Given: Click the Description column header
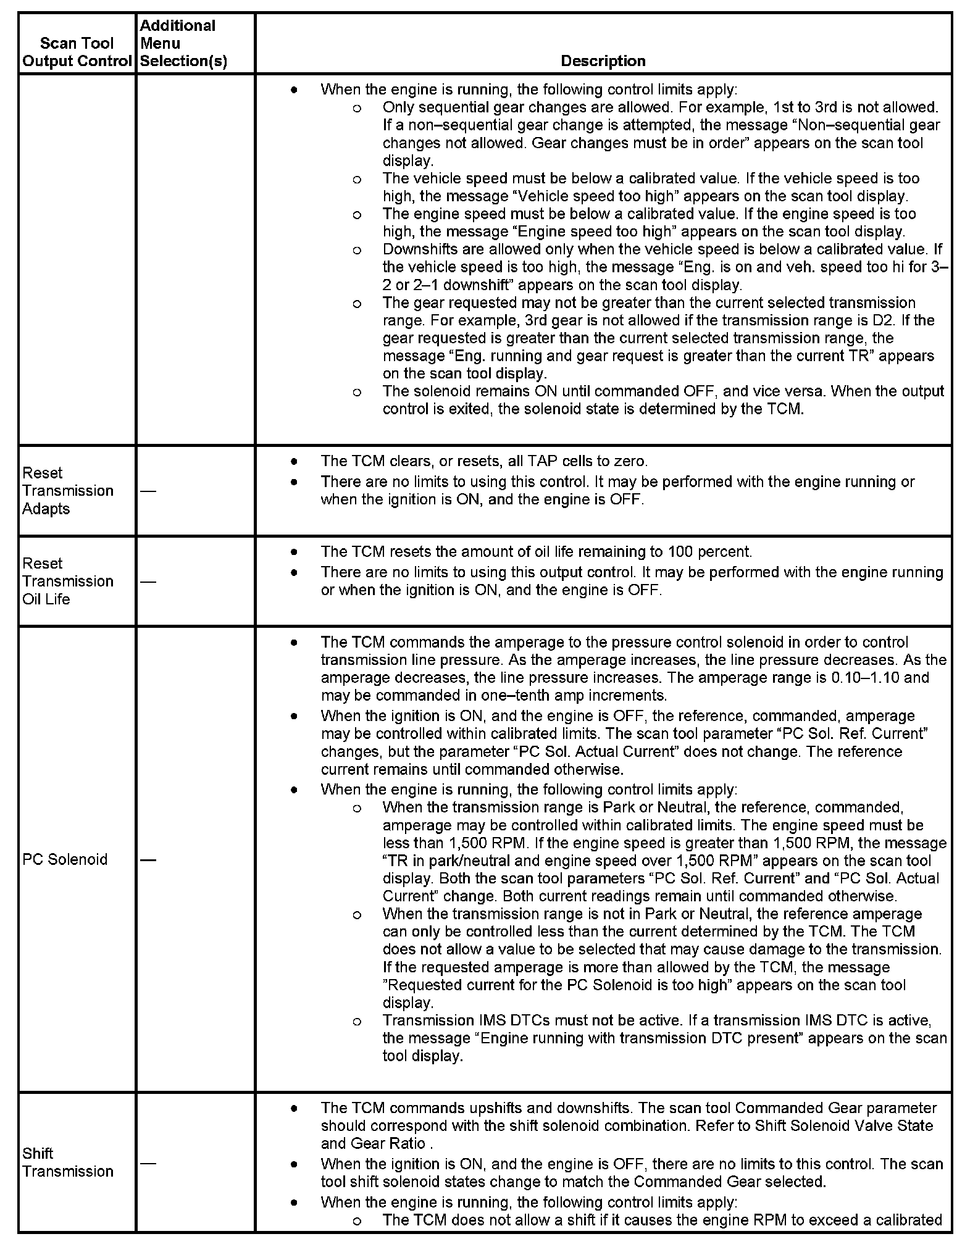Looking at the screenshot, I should (603, 61).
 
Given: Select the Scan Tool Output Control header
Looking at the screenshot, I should (77, 52).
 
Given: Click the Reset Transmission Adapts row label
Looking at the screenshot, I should (68, 491).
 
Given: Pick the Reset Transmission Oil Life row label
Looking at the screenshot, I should (68, 581).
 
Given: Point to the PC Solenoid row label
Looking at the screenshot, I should (65, 859).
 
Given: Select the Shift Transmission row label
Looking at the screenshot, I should (68, 1162).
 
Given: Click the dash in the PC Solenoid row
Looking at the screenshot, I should (148, 860).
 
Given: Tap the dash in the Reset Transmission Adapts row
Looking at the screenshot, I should (148, 491).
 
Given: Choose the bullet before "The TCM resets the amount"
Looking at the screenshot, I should (295, 551).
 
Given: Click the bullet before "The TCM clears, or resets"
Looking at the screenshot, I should (295, 461).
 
